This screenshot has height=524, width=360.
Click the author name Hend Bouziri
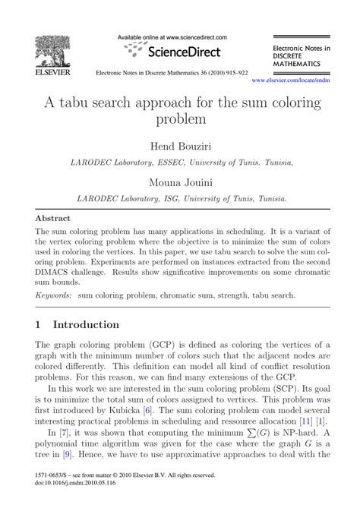click(180, 145)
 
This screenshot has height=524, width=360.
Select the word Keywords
click(54, 294)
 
